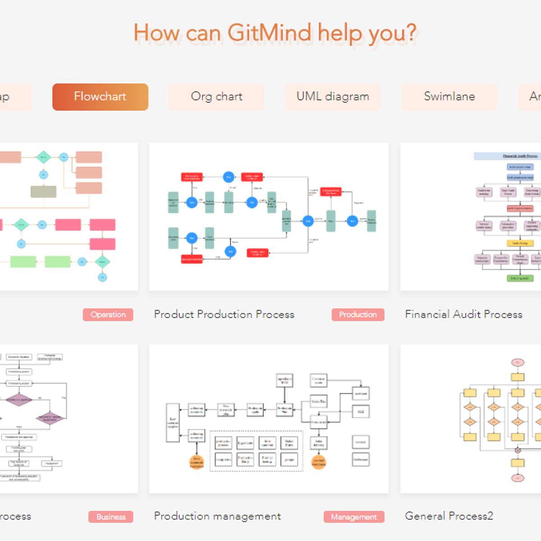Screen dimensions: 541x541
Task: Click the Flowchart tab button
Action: tap(100, 96)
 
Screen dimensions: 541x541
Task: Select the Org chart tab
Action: tap(216, 96)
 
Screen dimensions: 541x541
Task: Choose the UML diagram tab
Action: tap(333, 96)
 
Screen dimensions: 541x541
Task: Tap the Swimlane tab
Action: tap(449, 96)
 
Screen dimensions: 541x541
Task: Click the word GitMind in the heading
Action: tap(269, 33)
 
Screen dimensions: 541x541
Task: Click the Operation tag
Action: tap(108, 315)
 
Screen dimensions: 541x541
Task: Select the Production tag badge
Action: tap(358, 315)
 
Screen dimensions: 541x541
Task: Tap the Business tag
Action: tap(111, 517)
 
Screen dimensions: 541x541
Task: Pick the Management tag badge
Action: tap(354, 517)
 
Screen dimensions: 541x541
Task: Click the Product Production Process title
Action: tap(224, 314)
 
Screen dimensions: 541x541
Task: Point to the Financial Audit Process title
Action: tap(463, 314)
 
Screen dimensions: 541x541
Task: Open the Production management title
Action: tap(217, 516)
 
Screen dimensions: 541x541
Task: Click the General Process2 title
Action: tap(449, 516)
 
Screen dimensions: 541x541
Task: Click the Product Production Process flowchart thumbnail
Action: tap(269, 216)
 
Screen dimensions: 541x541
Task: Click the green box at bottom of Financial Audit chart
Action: tap(520, 279)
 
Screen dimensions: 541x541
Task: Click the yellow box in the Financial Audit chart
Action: tap(520, 243)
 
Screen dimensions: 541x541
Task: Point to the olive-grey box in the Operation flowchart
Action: tap(43, 192)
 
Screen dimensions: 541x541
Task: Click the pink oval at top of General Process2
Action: tap(518, 362)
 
